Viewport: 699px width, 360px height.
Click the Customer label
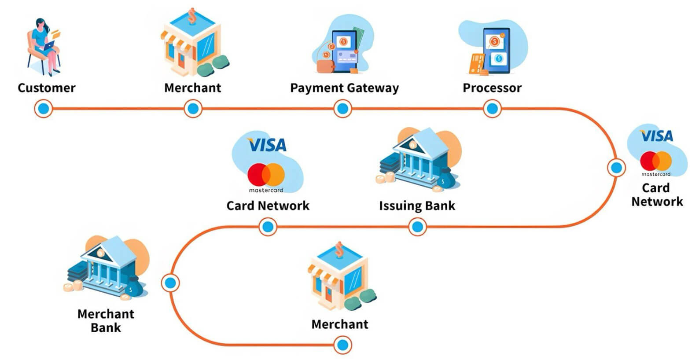46,88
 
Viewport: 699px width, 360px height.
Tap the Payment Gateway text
344,88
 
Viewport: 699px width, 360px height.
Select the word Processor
492,88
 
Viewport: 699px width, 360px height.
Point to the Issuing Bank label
417,206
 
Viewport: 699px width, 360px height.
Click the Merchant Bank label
106,320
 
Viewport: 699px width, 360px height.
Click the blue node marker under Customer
43,109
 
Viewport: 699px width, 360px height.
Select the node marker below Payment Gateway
342,109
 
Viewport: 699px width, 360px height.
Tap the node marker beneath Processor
492,109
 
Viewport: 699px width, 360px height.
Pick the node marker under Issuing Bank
417,227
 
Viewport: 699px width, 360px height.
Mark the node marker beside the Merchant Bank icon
170,283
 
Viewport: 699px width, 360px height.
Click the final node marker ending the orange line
342,345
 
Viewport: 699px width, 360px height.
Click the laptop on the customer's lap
48,45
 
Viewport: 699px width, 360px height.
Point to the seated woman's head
40,25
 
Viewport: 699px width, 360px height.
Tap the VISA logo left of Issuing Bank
267,145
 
